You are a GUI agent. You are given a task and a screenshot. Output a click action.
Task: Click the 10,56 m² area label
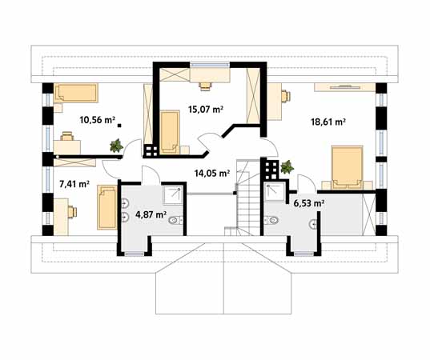point(97,120)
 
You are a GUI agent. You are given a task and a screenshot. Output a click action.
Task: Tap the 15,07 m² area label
point(206,110)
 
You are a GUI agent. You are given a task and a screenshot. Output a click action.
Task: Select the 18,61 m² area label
point(328,122)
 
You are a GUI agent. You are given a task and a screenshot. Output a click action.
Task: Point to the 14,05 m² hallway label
point(211,173)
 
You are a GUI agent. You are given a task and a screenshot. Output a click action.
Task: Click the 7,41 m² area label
point(74,184)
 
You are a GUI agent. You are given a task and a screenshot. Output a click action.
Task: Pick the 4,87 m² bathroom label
point(151,214)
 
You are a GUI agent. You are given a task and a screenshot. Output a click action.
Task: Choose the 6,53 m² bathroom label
point(309,203)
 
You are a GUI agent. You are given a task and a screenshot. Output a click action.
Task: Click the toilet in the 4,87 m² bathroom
point(175,220)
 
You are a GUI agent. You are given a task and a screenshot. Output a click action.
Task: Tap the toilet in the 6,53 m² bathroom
point(271,220)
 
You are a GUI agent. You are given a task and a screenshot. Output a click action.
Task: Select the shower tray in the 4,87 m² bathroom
point(173,195)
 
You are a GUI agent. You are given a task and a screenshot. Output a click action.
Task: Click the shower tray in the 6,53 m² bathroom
point(275,191)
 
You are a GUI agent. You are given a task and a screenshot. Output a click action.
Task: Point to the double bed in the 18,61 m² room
point(347,168)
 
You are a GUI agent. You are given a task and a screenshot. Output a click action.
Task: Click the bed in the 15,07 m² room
point(170,132)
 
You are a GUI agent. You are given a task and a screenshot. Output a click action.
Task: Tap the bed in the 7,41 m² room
point(107,207)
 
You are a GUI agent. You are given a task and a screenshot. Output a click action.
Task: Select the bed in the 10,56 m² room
point(76,93)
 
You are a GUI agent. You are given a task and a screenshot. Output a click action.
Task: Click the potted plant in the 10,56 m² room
point(117,146)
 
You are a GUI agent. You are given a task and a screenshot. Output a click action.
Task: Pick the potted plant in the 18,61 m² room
point(287,167)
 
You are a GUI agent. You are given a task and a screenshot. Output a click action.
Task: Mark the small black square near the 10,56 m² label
point(119,126)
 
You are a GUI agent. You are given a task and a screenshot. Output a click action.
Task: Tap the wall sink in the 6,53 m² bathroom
point(314,224)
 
